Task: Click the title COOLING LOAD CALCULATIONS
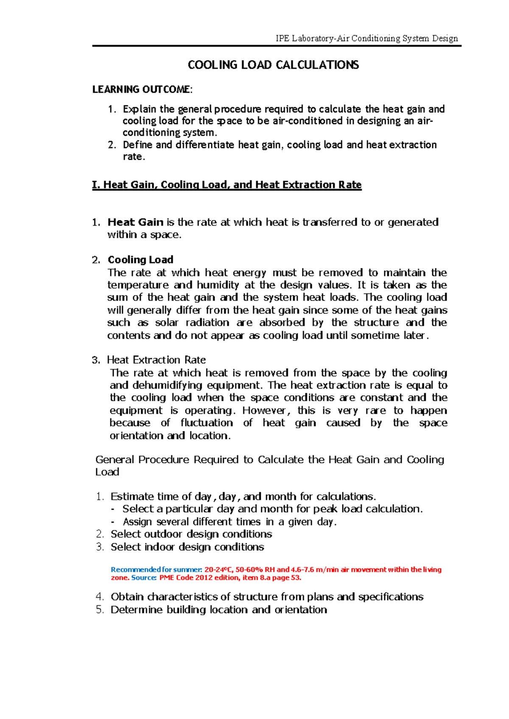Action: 273,65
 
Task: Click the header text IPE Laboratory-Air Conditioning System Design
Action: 367,39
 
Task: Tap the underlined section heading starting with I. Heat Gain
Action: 227,185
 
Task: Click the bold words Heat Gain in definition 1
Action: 135,222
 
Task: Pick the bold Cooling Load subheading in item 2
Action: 140,259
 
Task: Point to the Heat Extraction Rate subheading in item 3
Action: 156,360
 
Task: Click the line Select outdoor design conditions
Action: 191,534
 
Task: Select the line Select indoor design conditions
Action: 187,547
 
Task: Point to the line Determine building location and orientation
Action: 218,610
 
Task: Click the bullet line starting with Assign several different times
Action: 229,522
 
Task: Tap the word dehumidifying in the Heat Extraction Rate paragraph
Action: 167,385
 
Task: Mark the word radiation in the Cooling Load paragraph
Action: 207,323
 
